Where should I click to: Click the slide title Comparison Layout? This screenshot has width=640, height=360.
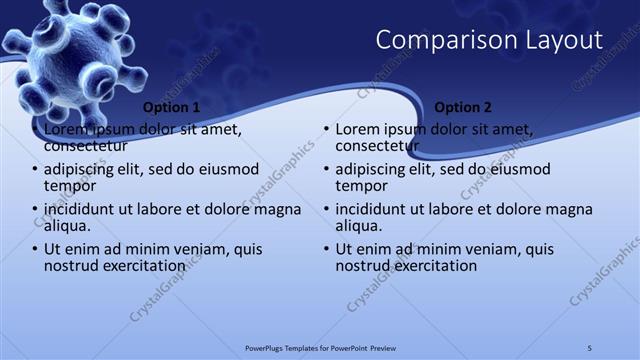pos(489,40)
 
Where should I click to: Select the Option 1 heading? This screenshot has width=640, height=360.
pos(171,107)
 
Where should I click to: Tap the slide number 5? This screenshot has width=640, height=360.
pos(590,347)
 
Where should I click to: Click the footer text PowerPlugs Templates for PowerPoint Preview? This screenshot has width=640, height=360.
pos(329,347)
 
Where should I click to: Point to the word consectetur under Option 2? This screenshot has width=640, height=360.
pos(376,146)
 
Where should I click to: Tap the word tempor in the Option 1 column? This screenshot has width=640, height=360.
pos(70,186)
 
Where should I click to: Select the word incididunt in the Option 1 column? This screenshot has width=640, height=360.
pos(84,210)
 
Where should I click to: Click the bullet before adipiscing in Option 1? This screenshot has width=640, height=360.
pos(34,171)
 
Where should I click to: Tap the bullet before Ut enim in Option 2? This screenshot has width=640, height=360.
pos(326,251)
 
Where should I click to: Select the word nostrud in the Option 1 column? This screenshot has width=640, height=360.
pos(71,266)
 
